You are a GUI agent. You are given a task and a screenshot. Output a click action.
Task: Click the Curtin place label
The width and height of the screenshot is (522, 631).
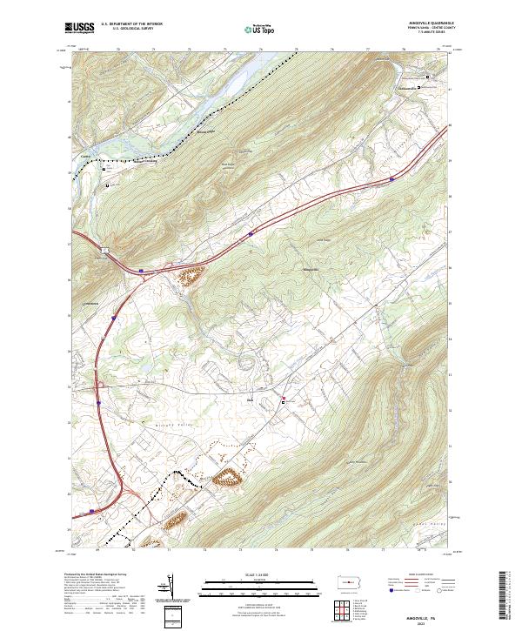[85, 157]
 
